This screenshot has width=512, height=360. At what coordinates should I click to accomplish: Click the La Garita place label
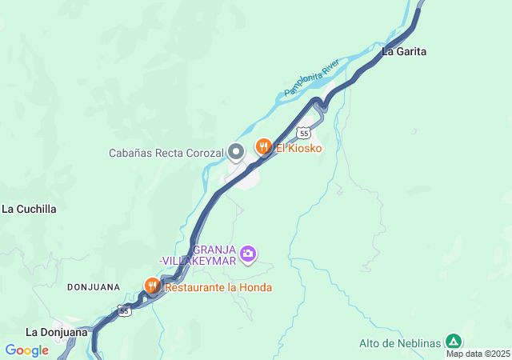pos(404,52)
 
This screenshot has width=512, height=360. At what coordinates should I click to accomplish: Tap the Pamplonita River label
pos(313,78)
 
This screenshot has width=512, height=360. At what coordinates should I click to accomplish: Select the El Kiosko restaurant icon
pos(262,146)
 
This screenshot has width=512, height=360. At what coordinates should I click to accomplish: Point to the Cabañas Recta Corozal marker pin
pos(236,151)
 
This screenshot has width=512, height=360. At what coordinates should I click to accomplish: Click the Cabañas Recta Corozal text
pos(166,153)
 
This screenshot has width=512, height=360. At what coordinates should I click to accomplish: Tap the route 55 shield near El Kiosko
pos(302,132)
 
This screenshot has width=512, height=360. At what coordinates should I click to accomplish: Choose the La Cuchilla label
pos(29,210)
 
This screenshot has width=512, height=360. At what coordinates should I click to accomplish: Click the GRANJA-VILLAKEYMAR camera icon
pos(248,254)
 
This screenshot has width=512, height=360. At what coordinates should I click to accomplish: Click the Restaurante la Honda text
pos(218,288)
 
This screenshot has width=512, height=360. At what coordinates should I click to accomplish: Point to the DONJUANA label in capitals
pos(93,286)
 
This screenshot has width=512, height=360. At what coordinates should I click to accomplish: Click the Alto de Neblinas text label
pos(399,344)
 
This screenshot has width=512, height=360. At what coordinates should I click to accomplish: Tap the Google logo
pos(26,350)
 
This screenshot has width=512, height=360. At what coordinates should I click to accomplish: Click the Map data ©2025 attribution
pos(478,354)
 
